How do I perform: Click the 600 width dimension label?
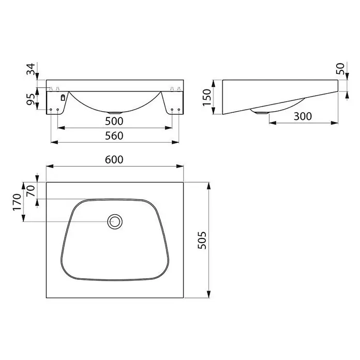pos(114,159)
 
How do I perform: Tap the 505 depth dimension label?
pos(202,240)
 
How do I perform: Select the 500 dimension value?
pos(114,121)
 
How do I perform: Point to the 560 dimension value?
pos(114,136)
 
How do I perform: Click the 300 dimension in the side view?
pos(303,116)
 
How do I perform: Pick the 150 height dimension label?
pos(207,97)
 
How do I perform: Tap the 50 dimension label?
pos(340,68)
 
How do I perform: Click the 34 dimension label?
pos(31,69)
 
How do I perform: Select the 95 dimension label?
pos(31,99)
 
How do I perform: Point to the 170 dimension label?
pos(17,202)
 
